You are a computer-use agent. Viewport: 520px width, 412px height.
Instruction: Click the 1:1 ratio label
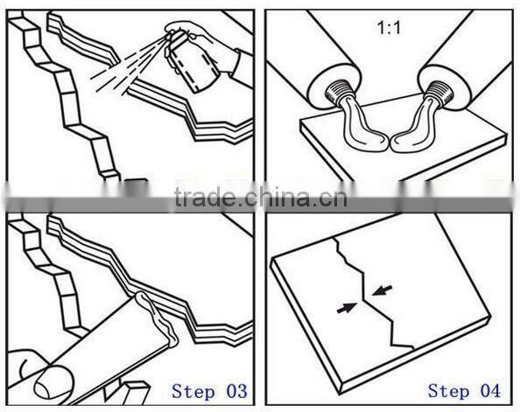tap(389, 28)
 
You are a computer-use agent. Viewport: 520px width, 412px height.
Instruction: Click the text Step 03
tap(209, 391)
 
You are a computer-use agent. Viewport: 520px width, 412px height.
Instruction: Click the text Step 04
tap(464, 391)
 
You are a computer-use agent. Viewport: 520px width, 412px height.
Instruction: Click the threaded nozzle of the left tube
tap(335, 94)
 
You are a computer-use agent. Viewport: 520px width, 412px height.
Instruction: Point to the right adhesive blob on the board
tap(413, 129)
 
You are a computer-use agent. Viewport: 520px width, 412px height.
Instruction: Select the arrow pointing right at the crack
tap(347, 308)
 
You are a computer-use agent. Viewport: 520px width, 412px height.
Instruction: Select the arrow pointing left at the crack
tap(382, 290)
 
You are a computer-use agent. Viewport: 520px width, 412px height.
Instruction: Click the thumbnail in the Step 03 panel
tap(53, 381)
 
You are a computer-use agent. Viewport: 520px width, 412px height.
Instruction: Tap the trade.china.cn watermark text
tap(261, 197)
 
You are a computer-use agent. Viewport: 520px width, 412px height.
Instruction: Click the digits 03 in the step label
tap(236, 391)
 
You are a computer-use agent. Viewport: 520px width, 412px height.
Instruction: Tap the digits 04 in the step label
tap(490, 391)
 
